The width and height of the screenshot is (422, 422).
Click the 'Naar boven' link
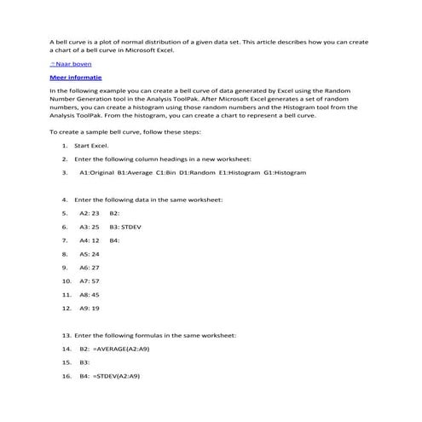(72, 64)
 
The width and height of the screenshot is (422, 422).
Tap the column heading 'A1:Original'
(97, 172)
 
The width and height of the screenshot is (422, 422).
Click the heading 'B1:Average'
(136, 172)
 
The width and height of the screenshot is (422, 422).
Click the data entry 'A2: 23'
(90, 213)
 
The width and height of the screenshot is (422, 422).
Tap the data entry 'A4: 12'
(90, 240)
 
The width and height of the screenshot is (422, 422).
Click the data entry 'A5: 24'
(90, 254)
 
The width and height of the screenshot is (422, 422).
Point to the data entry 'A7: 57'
(90, 280)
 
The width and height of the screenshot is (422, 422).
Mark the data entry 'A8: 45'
(90, 294)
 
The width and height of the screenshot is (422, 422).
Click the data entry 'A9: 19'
(90, 308)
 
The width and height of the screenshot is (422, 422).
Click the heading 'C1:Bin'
(166, 172)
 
